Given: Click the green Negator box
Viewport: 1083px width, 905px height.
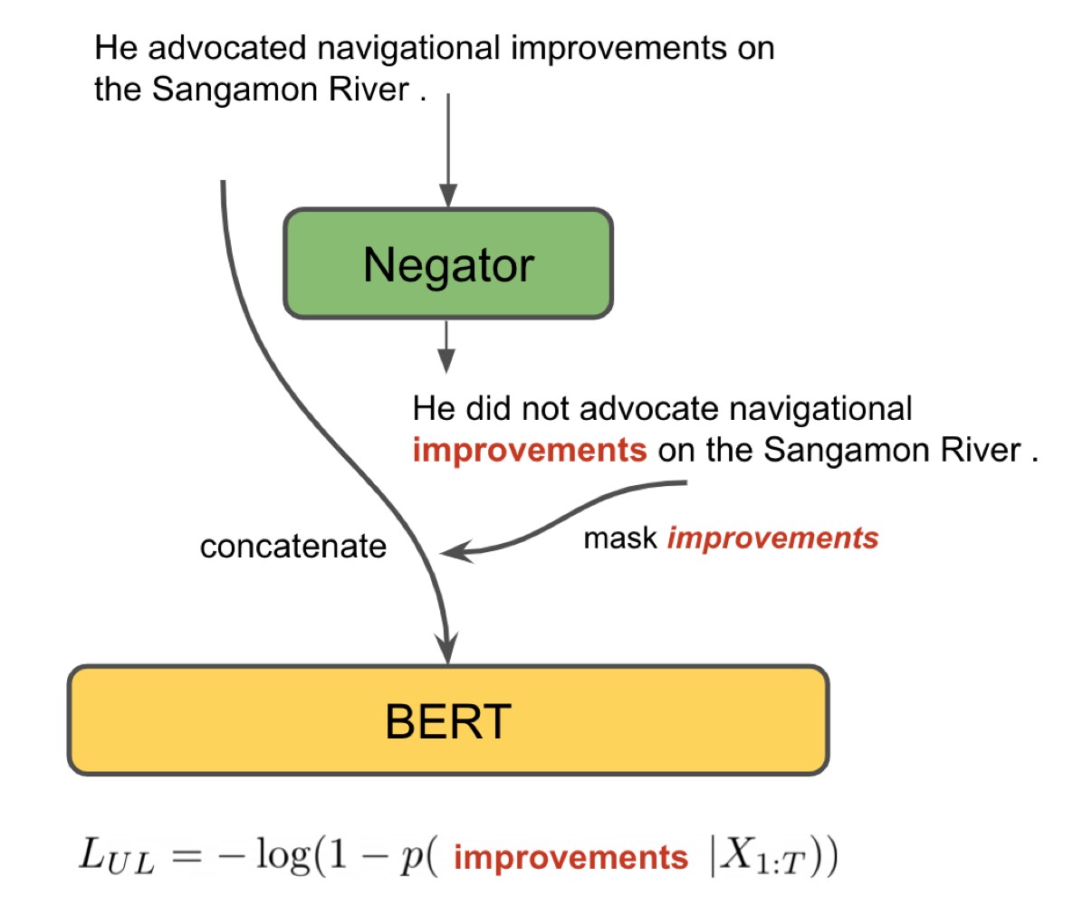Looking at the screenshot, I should pyautogui.click(x=448, y=264).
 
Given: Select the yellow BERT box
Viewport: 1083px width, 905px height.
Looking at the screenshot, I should pyautogui.click(x=448, y=720).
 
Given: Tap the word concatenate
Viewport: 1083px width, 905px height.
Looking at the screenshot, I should pyautogui.click(x=292, y=547).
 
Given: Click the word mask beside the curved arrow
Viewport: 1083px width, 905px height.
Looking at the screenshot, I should pyautogui.click(x=619, y=539).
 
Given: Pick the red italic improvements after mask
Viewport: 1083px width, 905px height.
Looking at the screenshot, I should pyautogui.click(x=772, y=539).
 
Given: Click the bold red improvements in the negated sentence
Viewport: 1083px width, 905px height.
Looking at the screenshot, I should pyautogui.click(x=530, y=450).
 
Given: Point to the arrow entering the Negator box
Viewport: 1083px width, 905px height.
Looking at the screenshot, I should pyautogui.click(x=447, y=154).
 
